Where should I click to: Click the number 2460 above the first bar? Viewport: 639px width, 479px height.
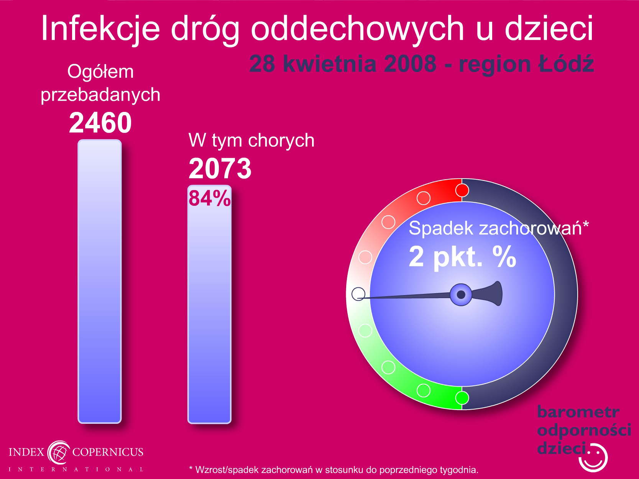[100, 123]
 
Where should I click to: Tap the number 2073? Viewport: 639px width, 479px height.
[220, 169]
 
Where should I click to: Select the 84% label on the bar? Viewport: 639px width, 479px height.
[210, 198]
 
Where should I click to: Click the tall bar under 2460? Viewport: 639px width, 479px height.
[100, 281]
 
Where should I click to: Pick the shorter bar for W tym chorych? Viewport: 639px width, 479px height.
[210, 304]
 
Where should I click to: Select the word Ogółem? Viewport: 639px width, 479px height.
[100, 72]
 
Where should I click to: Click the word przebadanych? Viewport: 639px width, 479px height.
[100, 95]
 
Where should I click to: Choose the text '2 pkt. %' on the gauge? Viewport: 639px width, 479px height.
[462, 257]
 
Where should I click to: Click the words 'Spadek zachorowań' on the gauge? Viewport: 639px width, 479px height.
[495, 228]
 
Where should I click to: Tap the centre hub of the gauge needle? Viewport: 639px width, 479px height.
[461, 295]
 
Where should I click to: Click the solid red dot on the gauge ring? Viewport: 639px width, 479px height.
[462, 190]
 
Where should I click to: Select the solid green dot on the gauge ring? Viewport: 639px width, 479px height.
[462, 398]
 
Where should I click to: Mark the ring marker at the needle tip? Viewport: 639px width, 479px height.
[358, 294]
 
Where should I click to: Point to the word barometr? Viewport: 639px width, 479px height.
[578, 412]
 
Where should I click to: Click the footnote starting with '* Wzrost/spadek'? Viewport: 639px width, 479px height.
[333, 470]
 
